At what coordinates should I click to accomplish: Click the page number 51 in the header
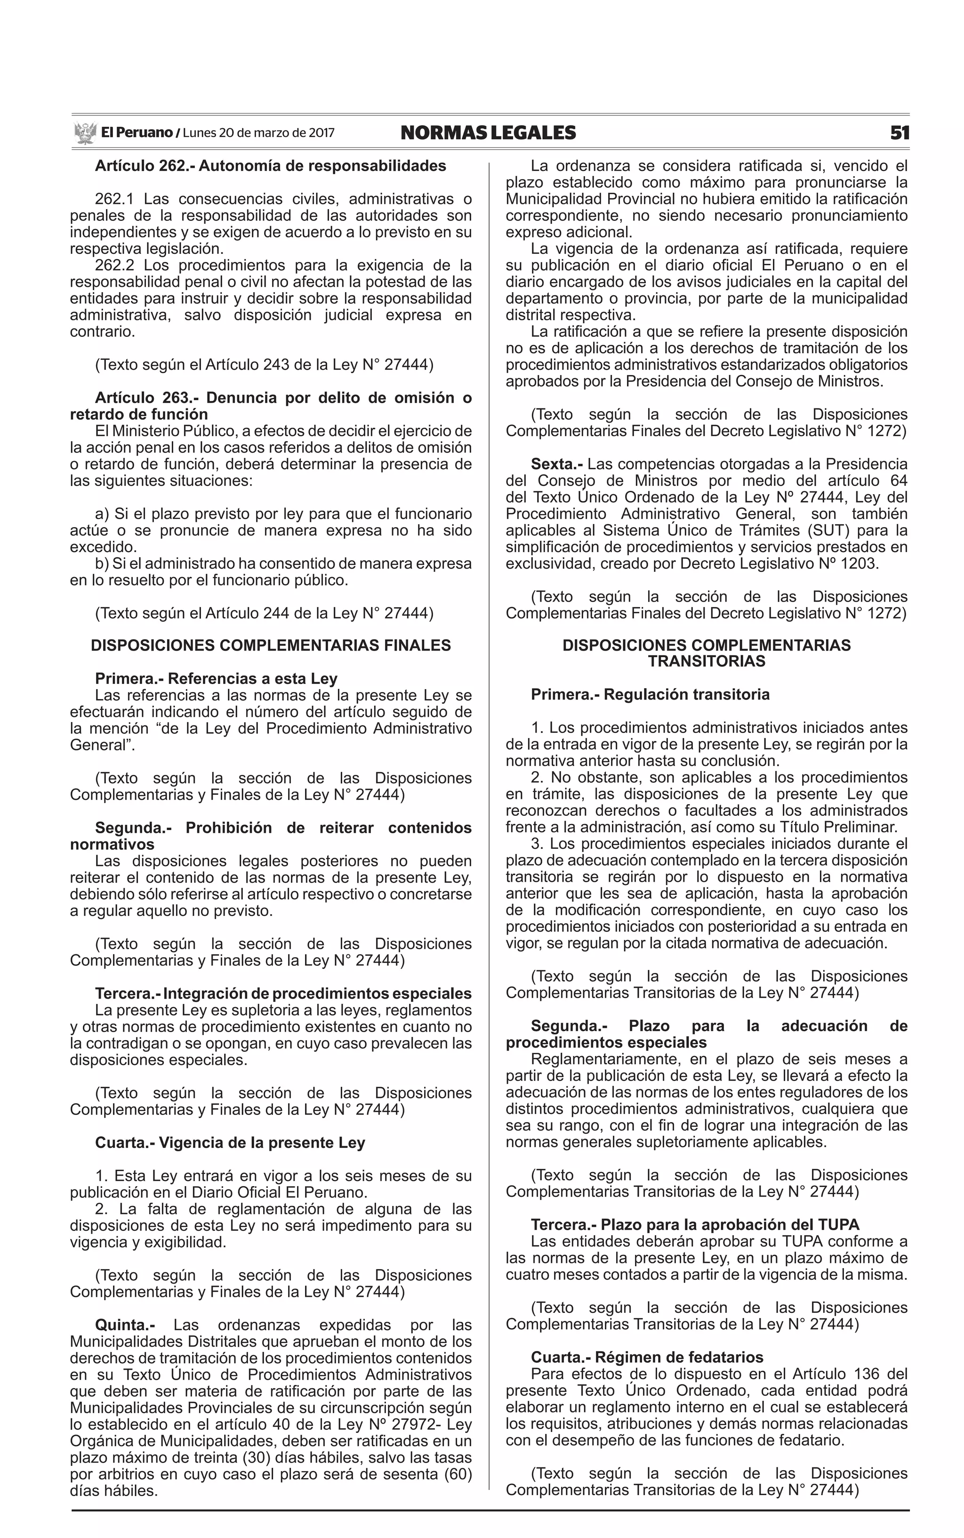click(900, 133)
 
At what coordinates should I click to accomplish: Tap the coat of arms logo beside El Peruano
click(84, 133)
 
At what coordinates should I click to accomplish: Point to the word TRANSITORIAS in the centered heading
click(707, 661)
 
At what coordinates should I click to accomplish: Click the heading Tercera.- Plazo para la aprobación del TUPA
click(694, 1224)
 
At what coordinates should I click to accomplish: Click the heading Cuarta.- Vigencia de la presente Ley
click(230, 1142)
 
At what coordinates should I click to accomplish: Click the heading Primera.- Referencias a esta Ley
click(216, 678)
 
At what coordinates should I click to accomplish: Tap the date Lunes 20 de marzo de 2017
click(258, 133)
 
